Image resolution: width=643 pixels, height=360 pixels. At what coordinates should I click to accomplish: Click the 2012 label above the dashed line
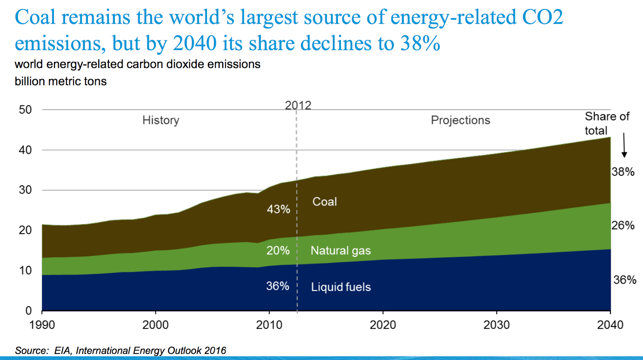[x=298, y=105]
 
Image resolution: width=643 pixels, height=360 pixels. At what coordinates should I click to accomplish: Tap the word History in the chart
[x=161, y=120]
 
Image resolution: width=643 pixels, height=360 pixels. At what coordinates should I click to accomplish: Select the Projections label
[x=460, y=120]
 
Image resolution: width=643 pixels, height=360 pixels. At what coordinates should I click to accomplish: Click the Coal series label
[x=324, y=202]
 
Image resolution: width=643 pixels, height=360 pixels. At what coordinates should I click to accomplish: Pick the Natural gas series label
[x=340, y=251]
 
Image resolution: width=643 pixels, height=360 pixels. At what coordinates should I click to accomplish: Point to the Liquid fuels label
[x=340, y=287]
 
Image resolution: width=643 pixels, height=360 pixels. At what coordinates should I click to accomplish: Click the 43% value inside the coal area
[x=278, y=209]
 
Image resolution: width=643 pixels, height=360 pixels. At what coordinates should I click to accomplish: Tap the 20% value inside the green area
[x=278, y=251]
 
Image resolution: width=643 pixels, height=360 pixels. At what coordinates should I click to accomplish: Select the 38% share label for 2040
[x=623, y=172]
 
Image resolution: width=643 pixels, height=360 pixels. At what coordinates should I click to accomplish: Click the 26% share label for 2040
[x=623, y=225]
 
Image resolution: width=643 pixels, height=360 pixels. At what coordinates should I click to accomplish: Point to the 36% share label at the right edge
[x=625, y=280]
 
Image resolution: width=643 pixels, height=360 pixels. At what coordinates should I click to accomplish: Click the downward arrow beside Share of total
[x=624, y=145]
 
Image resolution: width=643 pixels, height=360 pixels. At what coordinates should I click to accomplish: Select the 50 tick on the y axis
[x=25, y=110]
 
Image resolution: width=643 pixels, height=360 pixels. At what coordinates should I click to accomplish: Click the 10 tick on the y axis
[x=25, y=270]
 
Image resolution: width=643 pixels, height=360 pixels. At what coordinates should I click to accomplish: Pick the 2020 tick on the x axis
[x=383, y=325]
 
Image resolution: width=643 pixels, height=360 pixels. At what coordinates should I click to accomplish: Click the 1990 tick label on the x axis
[x=42, y=325]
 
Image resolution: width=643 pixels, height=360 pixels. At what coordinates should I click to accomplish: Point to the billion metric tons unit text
[x=61, y=82]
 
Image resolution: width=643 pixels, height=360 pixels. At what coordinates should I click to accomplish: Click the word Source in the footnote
[x=31, y=351]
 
